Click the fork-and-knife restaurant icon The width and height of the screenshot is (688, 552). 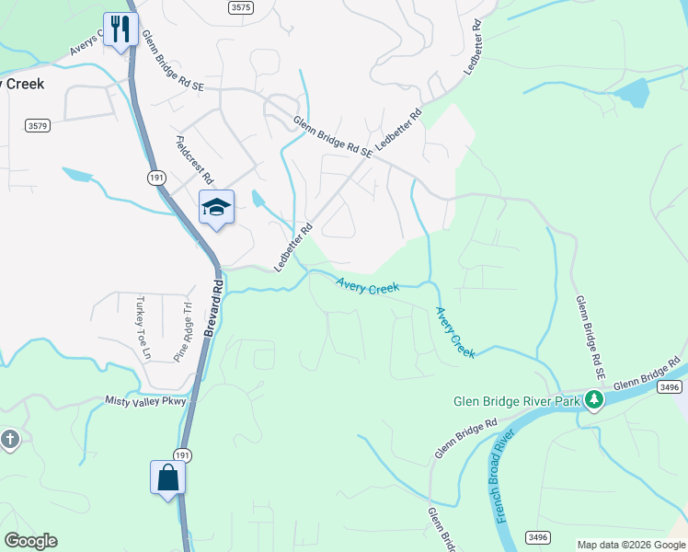point(120,29)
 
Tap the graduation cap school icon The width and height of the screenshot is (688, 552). point(216,207)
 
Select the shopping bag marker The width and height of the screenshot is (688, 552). point(167,477)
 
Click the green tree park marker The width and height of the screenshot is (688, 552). point(594,399)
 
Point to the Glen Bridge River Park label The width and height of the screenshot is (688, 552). point(516,401)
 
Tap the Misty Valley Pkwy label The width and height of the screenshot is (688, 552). point(145,401)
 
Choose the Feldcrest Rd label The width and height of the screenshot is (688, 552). point(194,160)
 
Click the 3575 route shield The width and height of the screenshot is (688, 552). point(239,6)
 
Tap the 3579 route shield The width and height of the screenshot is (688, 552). point(38,125)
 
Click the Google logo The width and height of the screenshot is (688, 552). point(30,541)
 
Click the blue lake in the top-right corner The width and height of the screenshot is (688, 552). point(631,92)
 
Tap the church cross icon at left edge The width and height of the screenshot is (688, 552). point(8,439)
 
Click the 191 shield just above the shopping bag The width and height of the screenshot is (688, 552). point(182,454)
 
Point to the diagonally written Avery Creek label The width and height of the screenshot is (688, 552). point(455,331)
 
